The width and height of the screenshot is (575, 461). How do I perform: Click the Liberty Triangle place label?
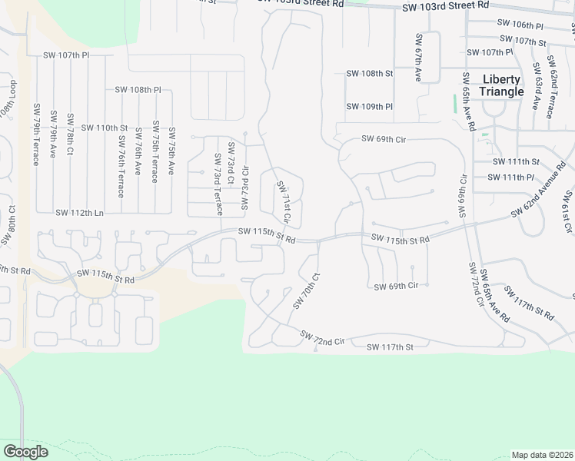click(501, 85)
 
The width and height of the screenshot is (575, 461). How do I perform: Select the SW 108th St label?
click(370, 74)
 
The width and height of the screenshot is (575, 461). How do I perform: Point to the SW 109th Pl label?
click(370, 107)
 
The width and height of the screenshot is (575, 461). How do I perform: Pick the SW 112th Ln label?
click(79, 212)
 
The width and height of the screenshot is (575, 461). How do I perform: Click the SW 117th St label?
click(389, 347)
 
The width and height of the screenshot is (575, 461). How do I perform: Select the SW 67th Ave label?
click(419, 58)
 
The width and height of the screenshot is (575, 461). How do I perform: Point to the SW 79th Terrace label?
click(36, 138)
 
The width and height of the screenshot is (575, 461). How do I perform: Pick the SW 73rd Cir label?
click(245, 187)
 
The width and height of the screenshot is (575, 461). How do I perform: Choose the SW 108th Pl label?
click(138, 90)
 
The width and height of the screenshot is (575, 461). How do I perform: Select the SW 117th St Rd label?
click(529, 305)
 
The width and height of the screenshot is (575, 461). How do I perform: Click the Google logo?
click(25, 452)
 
